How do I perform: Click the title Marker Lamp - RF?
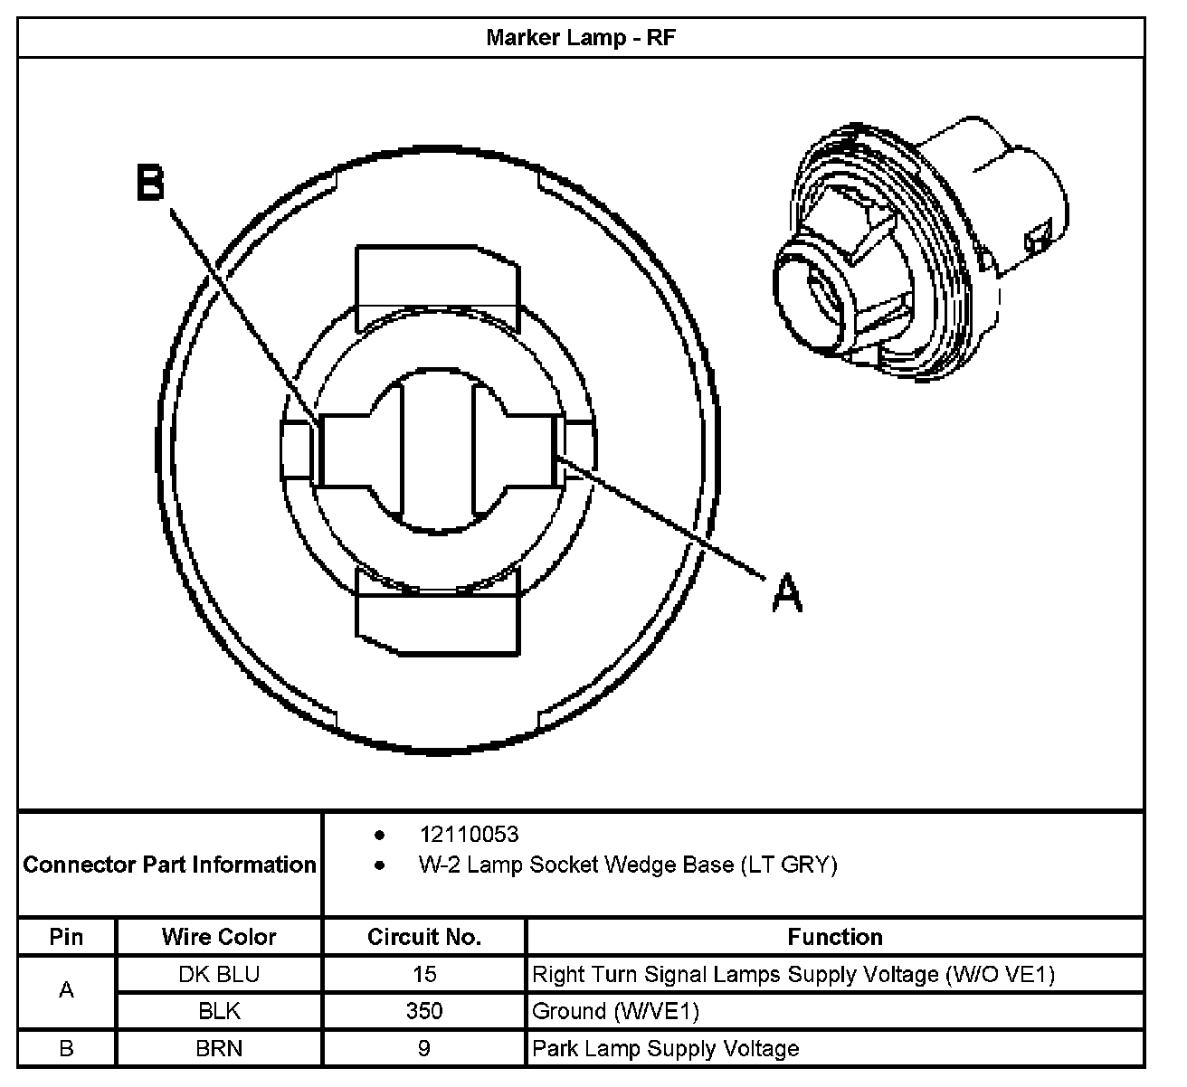click(x=580, y=38)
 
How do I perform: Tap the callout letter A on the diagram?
click(x=787, y=593)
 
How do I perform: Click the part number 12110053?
click(x=469, y=834)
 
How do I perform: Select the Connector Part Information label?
click(x=169, y=865)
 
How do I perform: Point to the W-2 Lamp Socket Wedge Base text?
click(x=627, y=865)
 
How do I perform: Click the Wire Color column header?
click(x=219, y=937)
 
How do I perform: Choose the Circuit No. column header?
click(x=423, y=937)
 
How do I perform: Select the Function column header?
click(x=834, y=937)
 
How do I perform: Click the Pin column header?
click(x=66, y=937)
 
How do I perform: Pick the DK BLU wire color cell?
click(x=219, y=974)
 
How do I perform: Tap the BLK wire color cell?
click(x=219, y=1011)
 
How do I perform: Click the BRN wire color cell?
click(x=219, y=1048)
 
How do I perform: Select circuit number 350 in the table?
click(x=423, y=1011)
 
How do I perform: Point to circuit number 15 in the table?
click(x=423, y=974)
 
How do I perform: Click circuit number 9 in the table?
click(x=423, y=1048)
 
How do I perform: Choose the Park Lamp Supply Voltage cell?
click(x=666, y=1048)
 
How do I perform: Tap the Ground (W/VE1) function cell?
click(x=615, y=1011)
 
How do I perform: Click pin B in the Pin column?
click(x=66, y=1048)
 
